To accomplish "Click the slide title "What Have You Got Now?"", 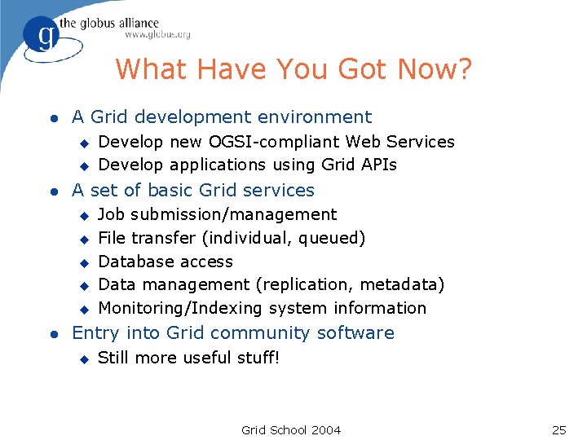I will (293, 69).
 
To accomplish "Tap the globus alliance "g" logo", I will (40, 37).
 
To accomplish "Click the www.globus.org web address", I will (157, 35).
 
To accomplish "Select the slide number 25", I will (558, 429).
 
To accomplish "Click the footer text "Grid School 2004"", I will (291, 429).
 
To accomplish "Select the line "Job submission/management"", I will (217, 214).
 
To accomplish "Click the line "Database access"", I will (166, 262).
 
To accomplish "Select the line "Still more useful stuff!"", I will (188, 358).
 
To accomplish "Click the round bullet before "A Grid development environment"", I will (51, 118).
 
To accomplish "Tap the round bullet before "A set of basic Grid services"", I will (51, 191).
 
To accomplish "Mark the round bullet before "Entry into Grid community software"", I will (51, 333).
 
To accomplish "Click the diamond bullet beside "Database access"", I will (82, 262).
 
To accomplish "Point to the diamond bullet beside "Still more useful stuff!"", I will (82, 359).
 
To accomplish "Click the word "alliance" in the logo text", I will (134, 23).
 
